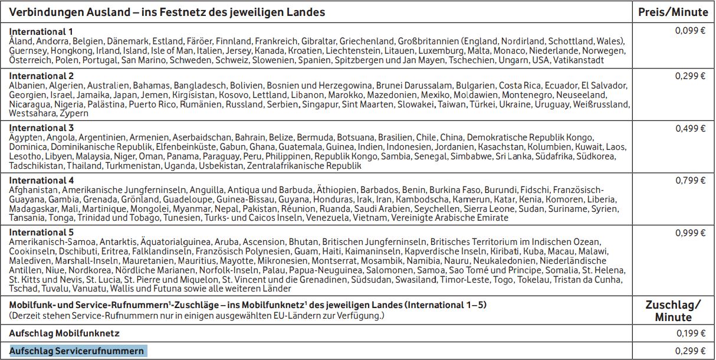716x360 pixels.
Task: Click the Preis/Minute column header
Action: pos(672,12)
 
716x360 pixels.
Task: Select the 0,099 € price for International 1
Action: pos(690,31)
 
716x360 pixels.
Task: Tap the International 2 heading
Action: pos(41,76)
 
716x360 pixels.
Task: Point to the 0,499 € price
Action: pos(690,128)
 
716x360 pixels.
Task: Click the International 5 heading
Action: pos(41,233)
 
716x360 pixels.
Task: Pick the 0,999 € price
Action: pos(690,233)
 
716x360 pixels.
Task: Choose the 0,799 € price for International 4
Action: pos(690,181)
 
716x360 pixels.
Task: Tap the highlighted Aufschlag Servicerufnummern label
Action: pos(77,351)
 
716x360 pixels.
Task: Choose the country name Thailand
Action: pos(84,166)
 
